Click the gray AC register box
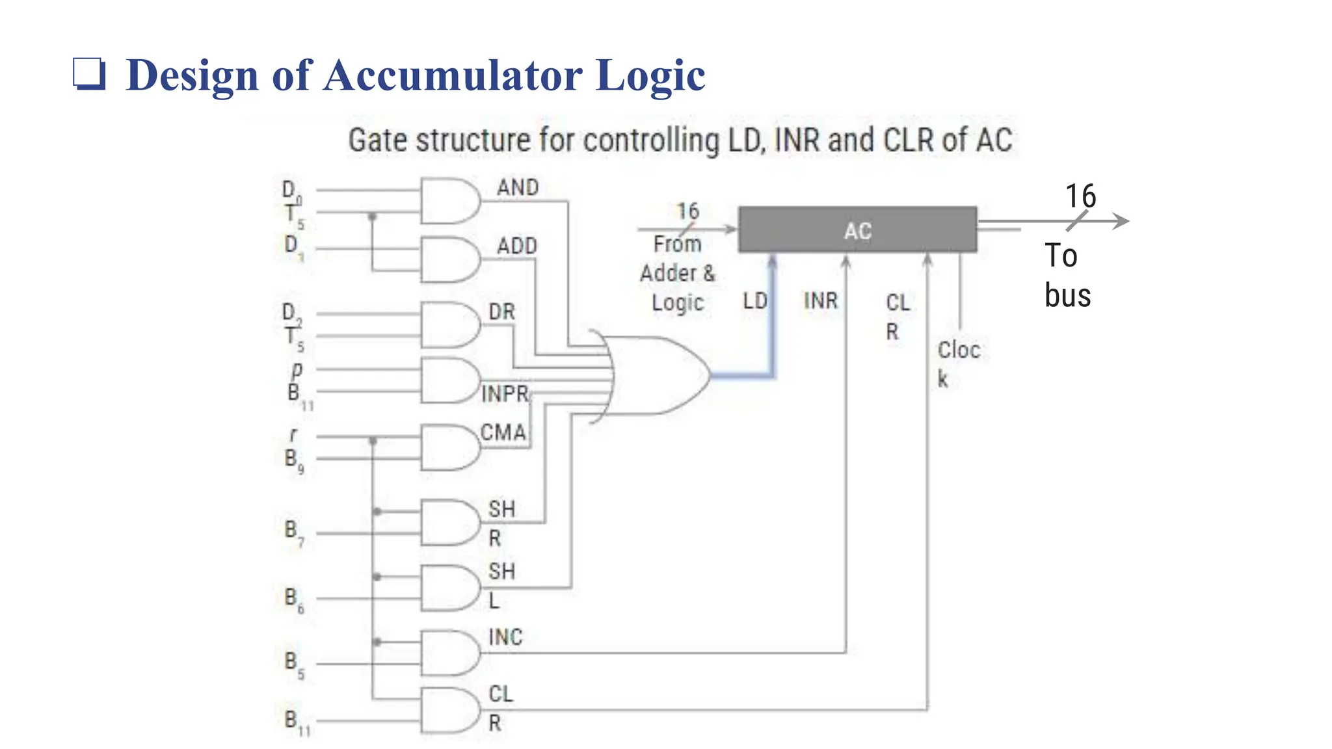857,230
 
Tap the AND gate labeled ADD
449,259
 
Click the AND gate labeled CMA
449,447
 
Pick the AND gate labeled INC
449,652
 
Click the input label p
297,369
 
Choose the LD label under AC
754,301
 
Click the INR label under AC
820,301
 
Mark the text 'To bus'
1067,275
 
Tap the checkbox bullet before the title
88,73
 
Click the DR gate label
501,312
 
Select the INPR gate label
505,394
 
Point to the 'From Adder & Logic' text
677,273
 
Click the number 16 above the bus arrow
1080,196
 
